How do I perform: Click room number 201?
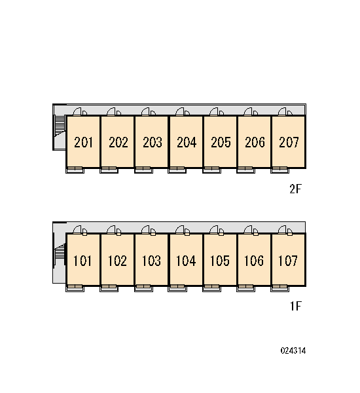click(x=83, y=142)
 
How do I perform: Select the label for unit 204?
click(x=187, y=142)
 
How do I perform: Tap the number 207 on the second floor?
click(x=289, y=142)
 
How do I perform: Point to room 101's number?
click(x=82, y=261)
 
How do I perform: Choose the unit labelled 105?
click(x=219, y=261)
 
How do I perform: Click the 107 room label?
click(x=288, y=261)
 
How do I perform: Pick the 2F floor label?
click(x=295, y=189)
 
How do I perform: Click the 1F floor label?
click(x=296, y=306)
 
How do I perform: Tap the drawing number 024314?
click(x=293, y=350)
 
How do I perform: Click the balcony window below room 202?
click(x=109, y=170)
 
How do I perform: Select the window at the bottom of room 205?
click(x=211, y=170)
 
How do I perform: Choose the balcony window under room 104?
click(x=177, y=288)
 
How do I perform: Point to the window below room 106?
click(x=245, y=288)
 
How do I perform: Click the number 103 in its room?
click(x=151, y=261)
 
